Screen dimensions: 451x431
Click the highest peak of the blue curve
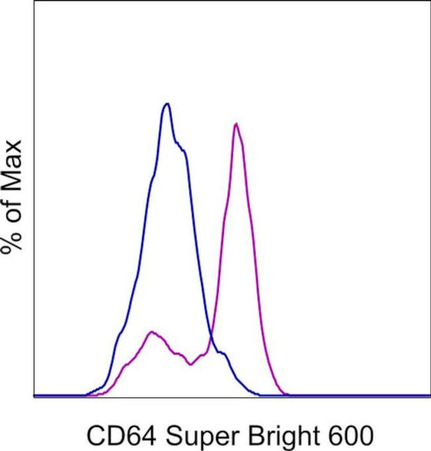click(x=167, y=104)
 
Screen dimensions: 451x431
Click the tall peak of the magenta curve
click(x=236, y=124)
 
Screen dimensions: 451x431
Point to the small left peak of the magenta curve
click(x=152, y=332)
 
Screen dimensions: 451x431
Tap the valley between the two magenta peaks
click(x=191, y=363)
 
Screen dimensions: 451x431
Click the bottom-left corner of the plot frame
click(x=34, y=397)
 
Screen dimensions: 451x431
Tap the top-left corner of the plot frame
click(x=34, y=1)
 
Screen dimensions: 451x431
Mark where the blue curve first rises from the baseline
click(x=86, y=394)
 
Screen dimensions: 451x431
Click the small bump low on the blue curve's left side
click(x=120, y=332)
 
